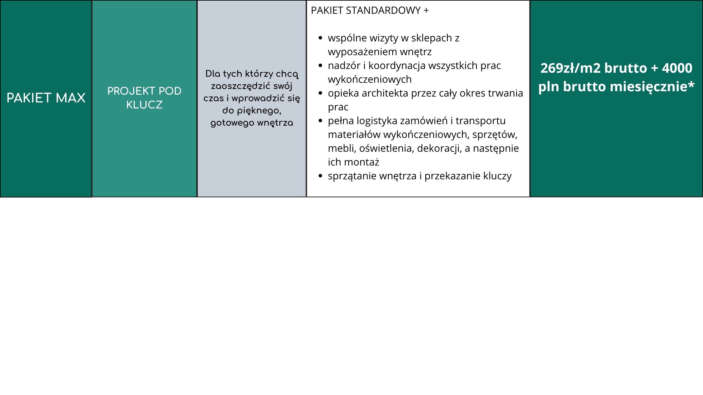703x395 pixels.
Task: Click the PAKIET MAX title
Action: [x=46, y=98]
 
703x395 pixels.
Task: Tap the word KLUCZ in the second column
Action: [x=144, y=105]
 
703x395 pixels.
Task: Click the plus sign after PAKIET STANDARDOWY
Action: [x=426, y=11]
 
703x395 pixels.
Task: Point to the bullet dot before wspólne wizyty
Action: [x=320, y=38]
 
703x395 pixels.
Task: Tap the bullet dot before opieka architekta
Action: [x=320, y=93]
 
